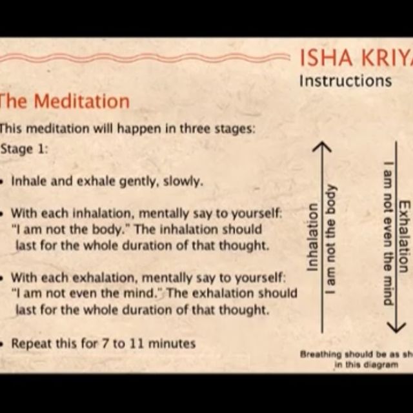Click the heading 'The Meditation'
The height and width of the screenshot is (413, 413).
[x=65, y=101]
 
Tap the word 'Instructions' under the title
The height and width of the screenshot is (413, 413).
[x=345, y=81]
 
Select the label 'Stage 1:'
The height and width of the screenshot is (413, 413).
[x=25, y=149]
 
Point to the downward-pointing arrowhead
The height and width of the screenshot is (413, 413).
[x=396, y=326]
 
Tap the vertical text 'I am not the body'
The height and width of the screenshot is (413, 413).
[x=330, y=239]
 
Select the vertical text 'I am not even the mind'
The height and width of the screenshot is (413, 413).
[x=388, y=233]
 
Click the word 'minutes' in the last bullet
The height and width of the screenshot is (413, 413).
[x=172, y=343]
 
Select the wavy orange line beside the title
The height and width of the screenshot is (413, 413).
[x=142, y=58]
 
